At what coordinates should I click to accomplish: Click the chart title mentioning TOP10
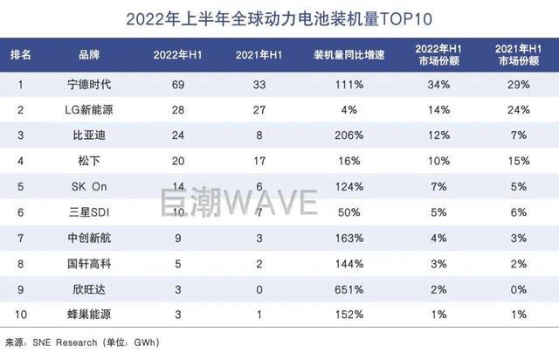tap(279, 17)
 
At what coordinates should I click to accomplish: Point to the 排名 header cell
tap(21, 55)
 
